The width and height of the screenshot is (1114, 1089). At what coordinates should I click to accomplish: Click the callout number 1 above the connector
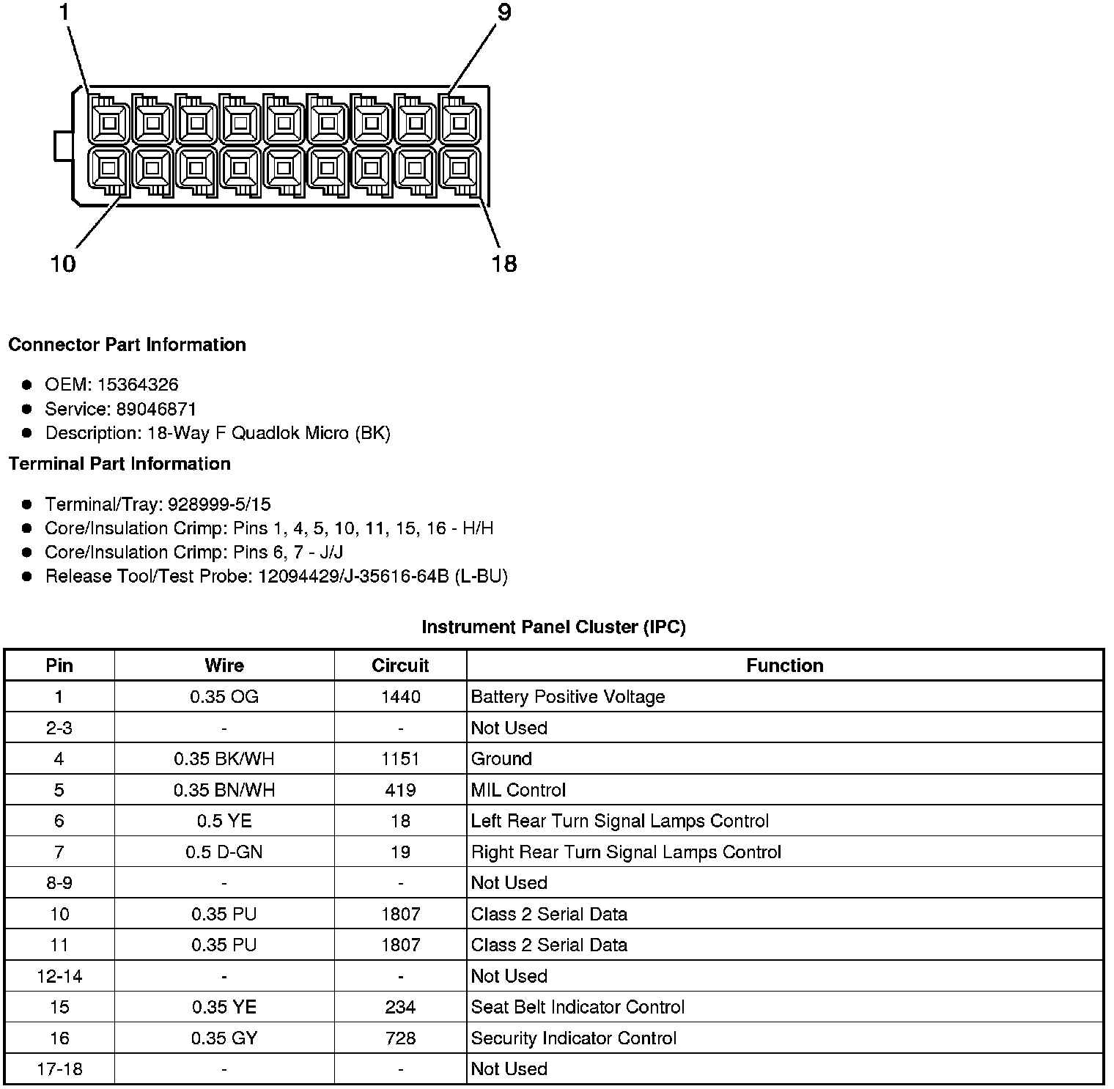[64, 12]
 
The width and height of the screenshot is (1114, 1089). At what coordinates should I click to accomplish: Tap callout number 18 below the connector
[504, 263]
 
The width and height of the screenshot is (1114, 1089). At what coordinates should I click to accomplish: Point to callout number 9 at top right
[504, 12]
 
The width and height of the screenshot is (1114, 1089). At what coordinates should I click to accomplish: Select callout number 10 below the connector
[63, 263]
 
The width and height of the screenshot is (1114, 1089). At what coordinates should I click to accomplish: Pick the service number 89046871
[157, 409]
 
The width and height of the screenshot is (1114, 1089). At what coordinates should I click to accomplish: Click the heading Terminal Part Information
[119, 464]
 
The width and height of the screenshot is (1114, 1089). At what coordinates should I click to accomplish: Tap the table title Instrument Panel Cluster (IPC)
[553, 627]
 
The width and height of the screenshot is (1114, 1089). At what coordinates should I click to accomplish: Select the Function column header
[784, 665]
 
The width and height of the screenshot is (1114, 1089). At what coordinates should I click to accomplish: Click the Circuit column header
[400, 665]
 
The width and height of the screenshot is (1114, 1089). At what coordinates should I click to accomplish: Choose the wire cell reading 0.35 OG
[224, 697]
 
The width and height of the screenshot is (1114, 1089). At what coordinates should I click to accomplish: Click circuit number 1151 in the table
[400, 759]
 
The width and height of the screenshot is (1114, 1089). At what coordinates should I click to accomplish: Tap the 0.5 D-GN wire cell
[224, 852]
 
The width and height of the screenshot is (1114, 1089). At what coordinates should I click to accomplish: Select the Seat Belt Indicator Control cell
[578, 1007]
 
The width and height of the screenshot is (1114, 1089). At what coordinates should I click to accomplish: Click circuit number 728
[400, 1038]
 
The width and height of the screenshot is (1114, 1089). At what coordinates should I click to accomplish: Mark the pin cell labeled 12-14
[59, 976]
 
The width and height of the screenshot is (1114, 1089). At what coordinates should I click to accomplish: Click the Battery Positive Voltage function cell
[567, 697]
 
